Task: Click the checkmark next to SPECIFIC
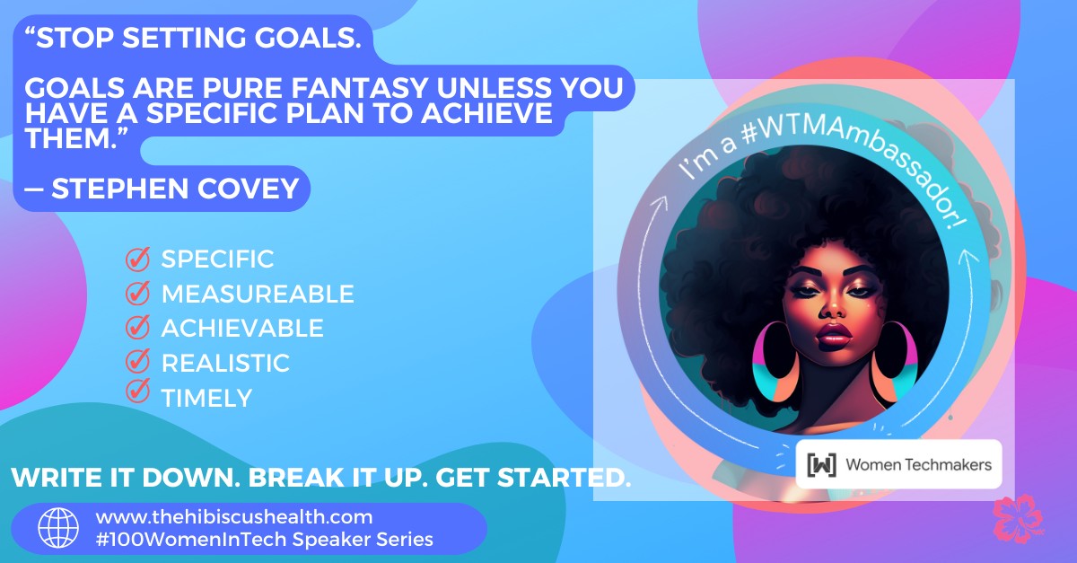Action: tap(138, 259)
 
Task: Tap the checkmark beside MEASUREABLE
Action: tap(138, 293)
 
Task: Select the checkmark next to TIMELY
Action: tap(138, 391)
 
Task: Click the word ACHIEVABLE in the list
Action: tap(242, 328)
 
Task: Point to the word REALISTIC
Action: tap(225, 364)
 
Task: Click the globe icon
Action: tap(58, 528)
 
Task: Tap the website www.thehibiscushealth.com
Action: tap(234, 517)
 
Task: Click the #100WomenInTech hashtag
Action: tap(191, 540)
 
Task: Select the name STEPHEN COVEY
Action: tap(175, 189)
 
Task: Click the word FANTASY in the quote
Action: tap(360, 88)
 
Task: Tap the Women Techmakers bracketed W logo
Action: tap(822, 465)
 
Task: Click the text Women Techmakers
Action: tap(919, 465)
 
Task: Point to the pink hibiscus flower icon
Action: tap(1018, 519)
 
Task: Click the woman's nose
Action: tap(832, 309)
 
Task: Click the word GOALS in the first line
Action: tap(308, 38)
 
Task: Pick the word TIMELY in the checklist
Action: tap(206, 399)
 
